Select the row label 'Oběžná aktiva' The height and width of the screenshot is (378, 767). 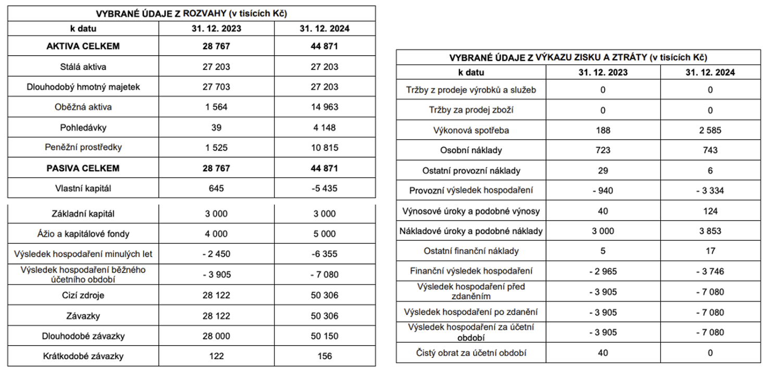click(83, 107)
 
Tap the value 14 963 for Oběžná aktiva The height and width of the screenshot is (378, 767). click(324, 107)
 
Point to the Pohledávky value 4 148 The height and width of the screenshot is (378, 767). click(324, 128)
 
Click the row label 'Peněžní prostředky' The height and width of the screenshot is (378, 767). click(83, 147)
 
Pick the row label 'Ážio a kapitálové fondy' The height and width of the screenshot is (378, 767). click(83, 234)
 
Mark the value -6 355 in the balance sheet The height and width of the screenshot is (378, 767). click(324, 254)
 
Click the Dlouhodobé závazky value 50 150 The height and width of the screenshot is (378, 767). click(324, 336)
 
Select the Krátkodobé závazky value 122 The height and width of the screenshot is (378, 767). click(216, 356)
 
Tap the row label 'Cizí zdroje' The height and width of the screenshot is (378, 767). click(83, 295)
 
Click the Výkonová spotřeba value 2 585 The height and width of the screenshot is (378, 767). click(710, 130)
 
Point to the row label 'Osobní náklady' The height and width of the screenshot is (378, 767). click(471, 150)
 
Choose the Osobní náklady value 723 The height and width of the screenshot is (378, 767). click(603, 150)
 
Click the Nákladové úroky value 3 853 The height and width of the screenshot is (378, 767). click(710, 231)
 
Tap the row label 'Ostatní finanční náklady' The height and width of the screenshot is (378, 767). click(471, 251)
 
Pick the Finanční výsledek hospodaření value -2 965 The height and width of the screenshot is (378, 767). click(603, 271)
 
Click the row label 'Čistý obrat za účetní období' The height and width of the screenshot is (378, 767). click(471, 352)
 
